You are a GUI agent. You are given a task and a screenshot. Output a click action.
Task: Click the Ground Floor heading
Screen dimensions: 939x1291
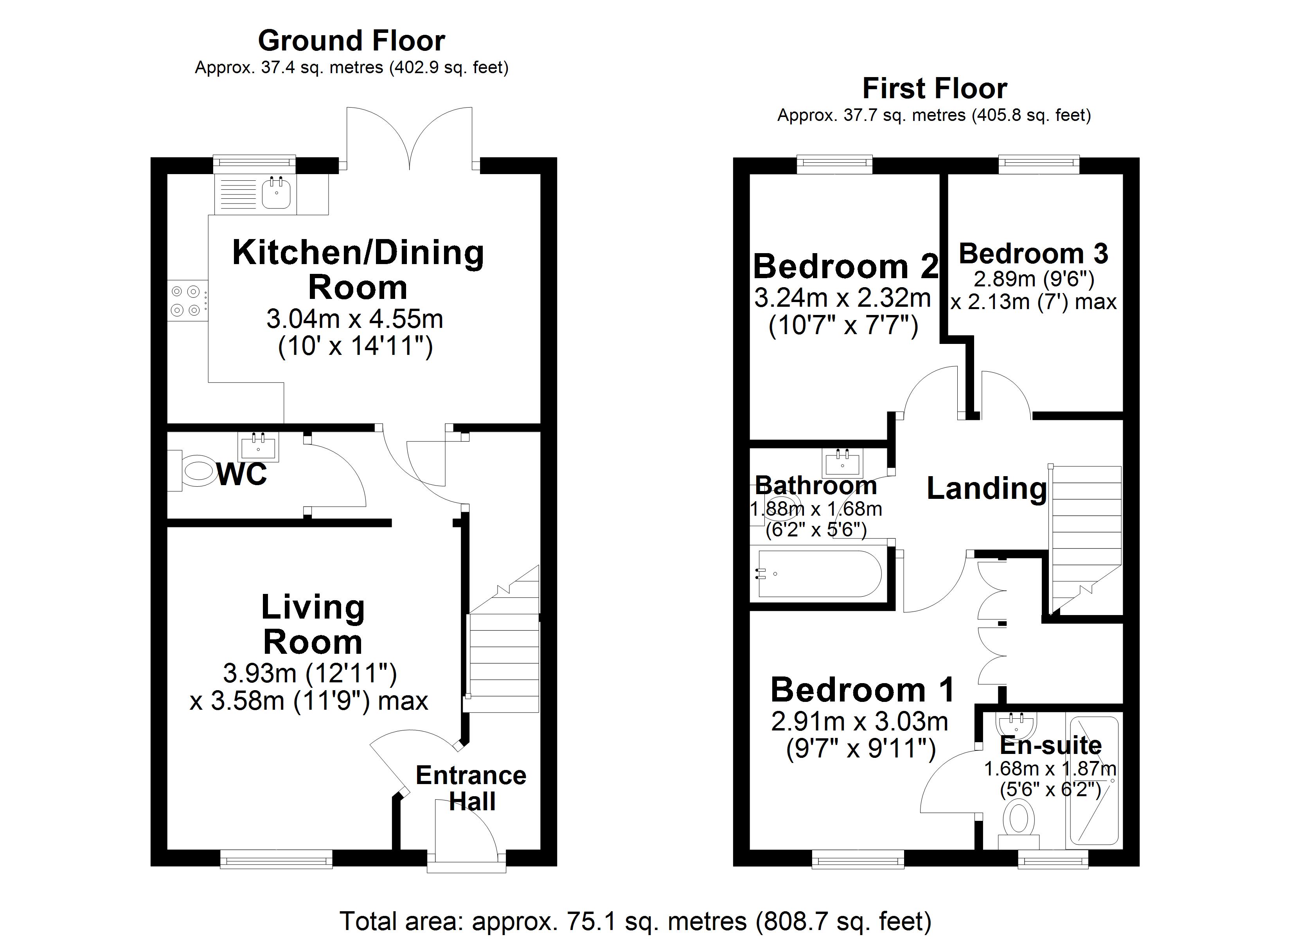351,41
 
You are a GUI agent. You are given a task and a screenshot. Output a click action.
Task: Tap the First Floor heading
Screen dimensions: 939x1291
934,89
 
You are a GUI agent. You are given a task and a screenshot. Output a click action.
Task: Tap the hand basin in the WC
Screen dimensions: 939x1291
259,446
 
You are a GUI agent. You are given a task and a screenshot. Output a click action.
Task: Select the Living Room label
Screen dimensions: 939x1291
313,625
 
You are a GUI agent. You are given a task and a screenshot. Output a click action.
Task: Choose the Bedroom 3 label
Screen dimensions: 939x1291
1033,254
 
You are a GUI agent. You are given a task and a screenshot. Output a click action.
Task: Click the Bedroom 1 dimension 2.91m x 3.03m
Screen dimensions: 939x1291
859,722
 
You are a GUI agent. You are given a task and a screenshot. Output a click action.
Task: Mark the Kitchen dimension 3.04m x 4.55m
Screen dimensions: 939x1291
354,319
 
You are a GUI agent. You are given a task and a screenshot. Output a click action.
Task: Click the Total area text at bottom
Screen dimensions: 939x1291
635,921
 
